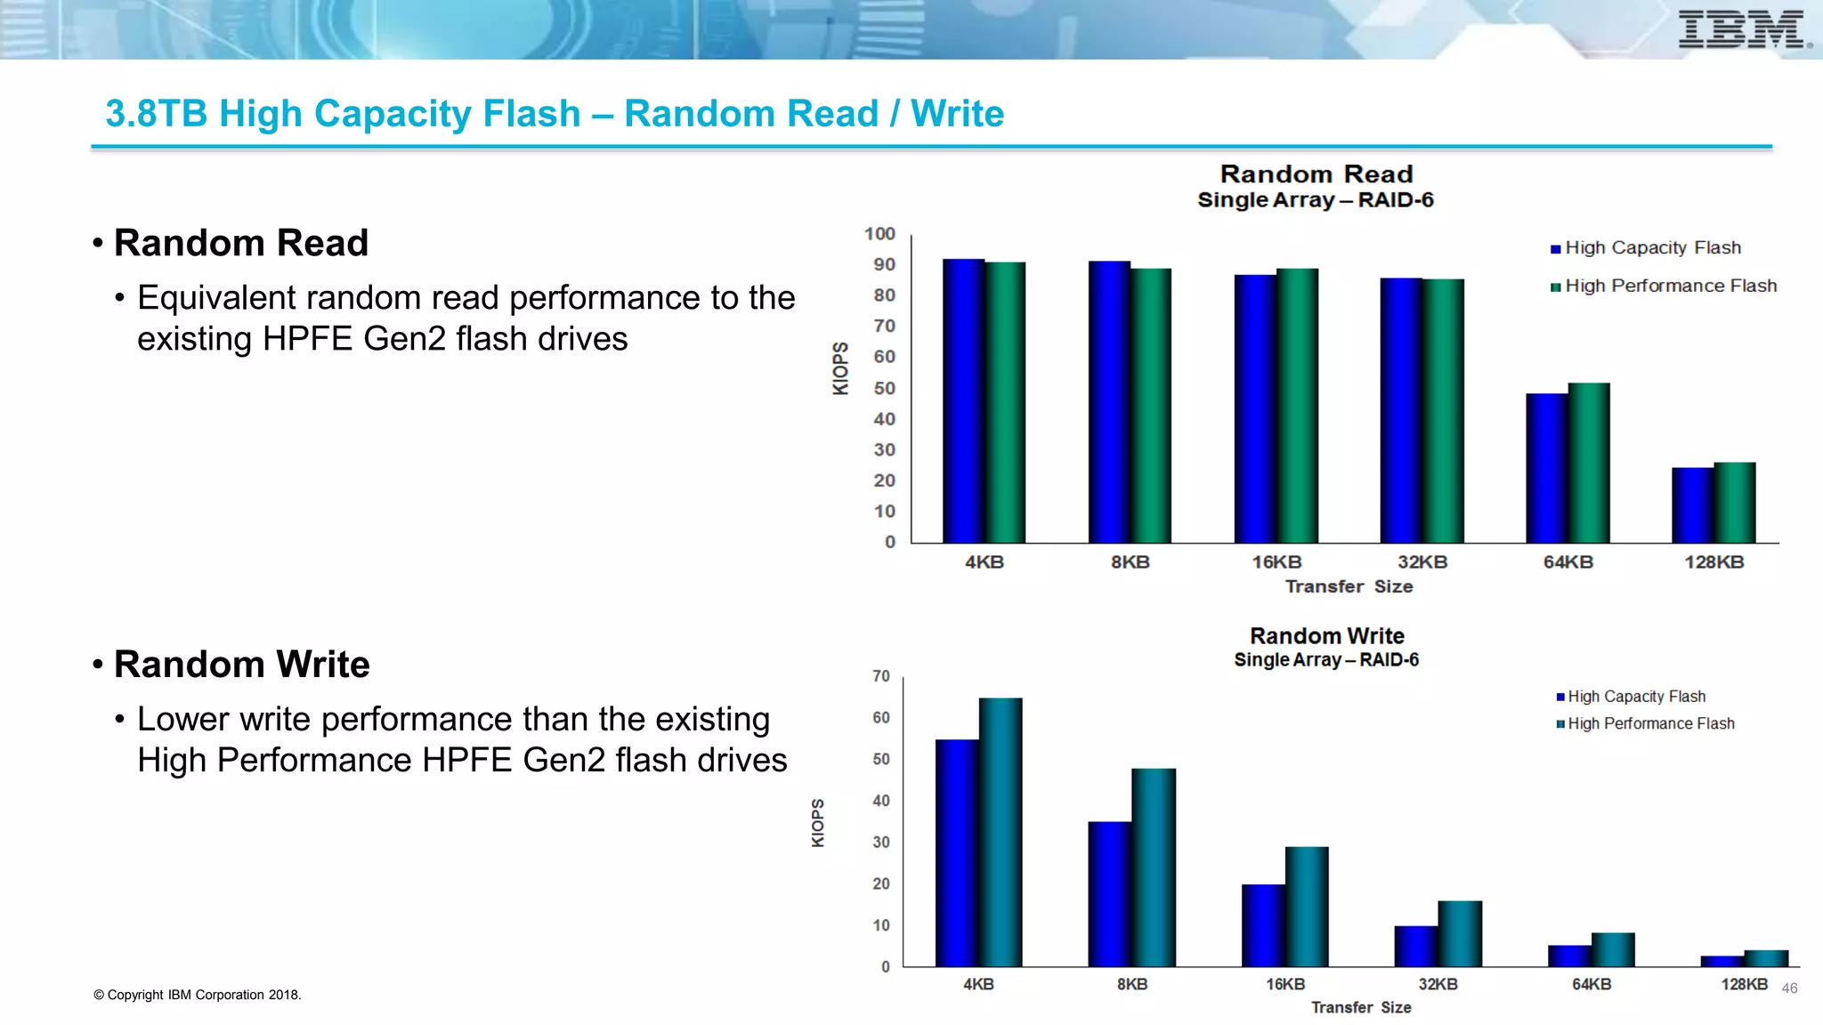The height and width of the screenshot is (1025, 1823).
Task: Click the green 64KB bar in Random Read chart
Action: pyautogui.click(x=1589, y=463)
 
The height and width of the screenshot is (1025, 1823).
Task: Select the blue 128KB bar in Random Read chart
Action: pyautogui.click(x=1692, y=505)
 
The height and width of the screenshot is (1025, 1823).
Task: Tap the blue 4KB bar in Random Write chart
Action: pyautogui.click(x=957, y=852)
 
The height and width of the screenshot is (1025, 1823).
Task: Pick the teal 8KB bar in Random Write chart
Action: pyautogui.click(x=1154, y=868)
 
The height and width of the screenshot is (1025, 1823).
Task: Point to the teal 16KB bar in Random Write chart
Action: pyautogui.click(x=1307, y=907)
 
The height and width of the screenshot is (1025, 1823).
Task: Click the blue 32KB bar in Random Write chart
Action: pyautogui.click(x=1415, y=947)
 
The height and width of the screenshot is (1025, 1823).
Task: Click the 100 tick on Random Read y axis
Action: pyautogui.click(x=879, y=234)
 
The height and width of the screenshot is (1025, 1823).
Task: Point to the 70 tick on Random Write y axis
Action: pyautogui.click(x=880, y=676)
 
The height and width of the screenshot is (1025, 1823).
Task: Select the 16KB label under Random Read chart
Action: pyautogui.click(x=1276, y=562)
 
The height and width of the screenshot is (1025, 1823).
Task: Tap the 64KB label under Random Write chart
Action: pyautogui.click(x=1592, y=984)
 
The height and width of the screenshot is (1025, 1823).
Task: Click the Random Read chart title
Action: pyautogui.click(x=1316, y=174)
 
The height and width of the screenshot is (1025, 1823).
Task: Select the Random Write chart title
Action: pyautogui.click(x=1326, y=636)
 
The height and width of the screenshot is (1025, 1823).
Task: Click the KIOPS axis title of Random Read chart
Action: pyautogui.click(x=840, y=368)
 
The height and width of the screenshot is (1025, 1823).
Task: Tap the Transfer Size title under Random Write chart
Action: pyautogui.click(x=1361, y=1007)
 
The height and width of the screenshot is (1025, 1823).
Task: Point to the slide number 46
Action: pyautogui.click(x=1789, y=989)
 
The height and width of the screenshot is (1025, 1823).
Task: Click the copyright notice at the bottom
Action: pyautogui.click(x=198, y=995)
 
